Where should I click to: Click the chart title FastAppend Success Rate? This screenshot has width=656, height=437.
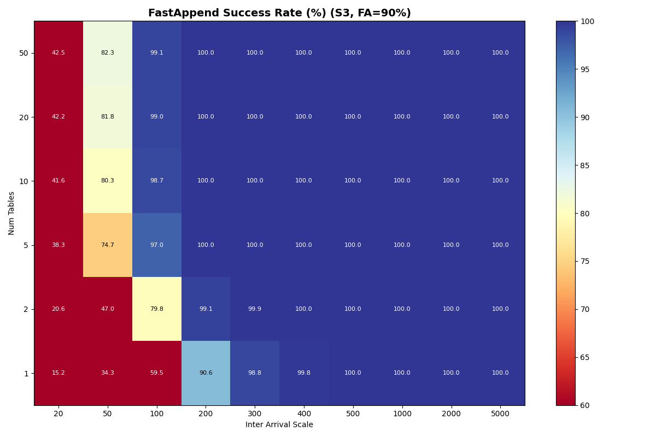(279, 13)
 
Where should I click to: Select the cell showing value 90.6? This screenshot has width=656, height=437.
(206, 373)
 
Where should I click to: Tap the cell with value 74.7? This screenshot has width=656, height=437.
(108, 245)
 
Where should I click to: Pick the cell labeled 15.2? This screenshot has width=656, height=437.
(58, 373)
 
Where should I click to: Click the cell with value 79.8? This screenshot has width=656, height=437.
(157, 309)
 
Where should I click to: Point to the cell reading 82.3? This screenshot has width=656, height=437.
(108, 53)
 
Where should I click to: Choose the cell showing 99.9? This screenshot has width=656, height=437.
(255, 309)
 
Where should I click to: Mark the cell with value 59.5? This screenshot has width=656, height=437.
(157, 373)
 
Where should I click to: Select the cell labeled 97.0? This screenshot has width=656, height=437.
(157, 245)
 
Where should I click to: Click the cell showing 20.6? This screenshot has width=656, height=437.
(58, 309)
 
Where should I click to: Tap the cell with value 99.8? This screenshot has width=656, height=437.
(304, 373)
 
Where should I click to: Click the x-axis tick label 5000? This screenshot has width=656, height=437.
(500, 414)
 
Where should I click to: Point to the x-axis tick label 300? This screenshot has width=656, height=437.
(255, 414)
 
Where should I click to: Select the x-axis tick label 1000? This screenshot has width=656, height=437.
(402, 414)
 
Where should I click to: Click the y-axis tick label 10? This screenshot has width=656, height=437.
(25, 181)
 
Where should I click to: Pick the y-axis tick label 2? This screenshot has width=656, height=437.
(26, 309)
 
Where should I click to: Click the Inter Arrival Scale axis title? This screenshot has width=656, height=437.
(279, 425)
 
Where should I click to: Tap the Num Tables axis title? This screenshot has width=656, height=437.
(12, 213)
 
